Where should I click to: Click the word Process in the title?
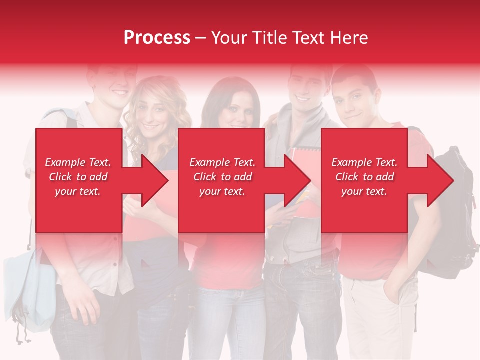pyautogui.click(x=157, y=37)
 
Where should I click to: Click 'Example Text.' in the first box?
pyautogui.click(x=78, y=162)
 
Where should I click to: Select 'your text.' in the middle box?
pyautogui.click(x=222, y=191)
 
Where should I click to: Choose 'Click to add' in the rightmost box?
pyautogui.click(x=364, y=177)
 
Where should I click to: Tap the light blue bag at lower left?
pyautogui.click(x=30, y=290)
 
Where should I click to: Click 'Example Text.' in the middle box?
pyautogui.click(x=222, y=162)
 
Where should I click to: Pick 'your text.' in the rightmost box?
pyautogui.click(x=364, y=191)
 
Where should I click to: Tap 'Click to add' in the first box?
pyautogui.click(x=78, y=177)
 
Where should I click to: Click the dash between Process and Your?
pyautogui.click(x=201, y=38)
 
